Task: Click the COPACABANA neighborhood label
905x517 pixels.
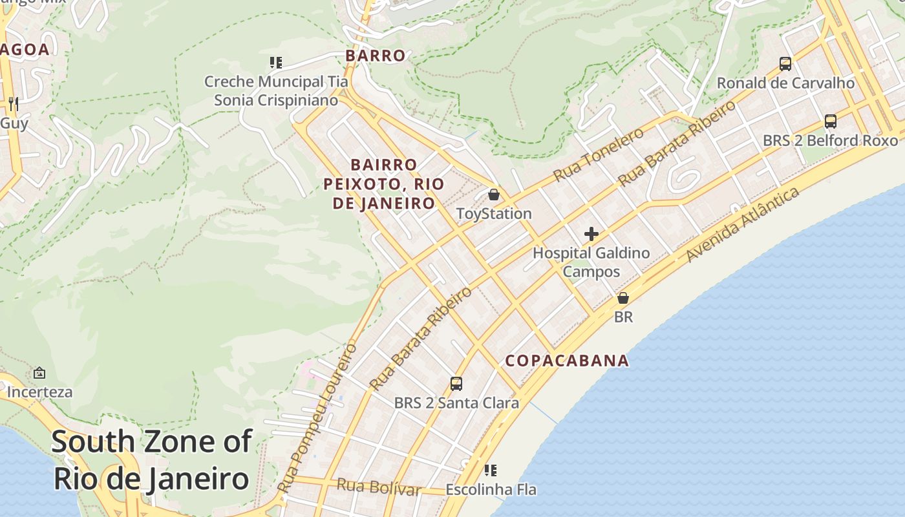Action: click(x=567, y=361)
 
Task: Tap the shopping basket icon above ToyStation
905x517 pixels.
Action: click(x=494, y=195)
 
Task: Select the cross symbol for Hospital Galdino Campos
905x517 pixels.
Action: click(x=591, y=234)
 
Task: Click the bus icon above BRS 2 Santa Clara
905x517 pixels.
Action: click(x=456, y=384)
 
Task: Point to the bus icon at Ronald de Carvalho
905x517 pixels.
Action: click(x=785, y=64)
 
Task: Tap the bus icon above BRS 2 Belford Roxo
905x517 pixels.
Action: click(x=831, y=121)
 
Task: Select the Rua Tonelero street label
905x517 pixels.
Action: click(x=599, y=154)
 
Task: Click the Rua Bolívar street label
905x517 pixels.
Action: click(x=378, y=487)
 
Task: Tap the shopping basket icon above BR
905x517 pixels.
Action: click(x=623, y=298)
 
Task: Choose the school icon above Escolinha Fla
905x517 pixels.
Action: click(x=491, y=470)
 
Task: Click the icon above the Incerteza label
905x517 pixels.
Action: click(x=39, y=373)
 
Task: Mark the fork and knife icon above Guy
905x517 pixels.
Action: click(x=13, y=103)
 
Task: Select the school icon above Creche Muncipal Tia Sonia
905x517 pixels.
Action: click(x=276, y=63)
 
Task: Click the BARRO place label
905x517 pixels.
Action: click(x=376, y=56)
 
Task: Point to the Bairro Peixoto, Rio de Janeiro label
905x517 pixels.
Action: click(x=384, y=184)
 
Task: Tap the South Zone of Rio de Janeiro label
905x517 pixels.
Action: click(x=151, y=460)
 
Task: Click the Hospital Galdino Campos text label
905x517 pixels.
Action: click(x=591, y=262)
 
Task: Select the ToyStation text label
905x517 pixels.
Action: click(x=494, y=214)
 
